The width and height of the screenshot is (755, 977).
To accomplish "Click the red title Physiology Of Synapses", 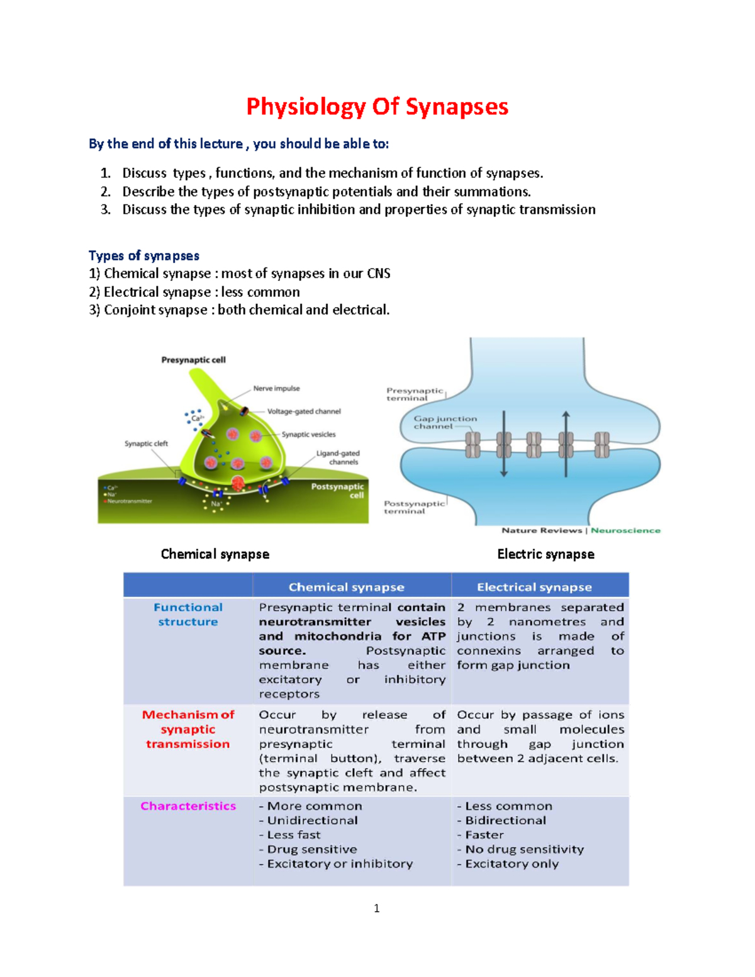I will (x=377, y=106).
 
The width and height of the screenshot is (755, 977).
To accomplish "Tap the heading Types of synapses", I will (x=144, y=255).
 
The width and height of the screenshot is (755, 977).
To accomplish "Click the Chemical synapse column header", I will (x=346, y=587).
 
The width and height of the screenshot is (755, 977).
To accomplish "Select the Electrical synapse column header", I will (x=534, y=587).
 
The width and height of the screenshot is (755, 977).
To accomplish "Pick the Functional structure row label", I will (x=188, y=615).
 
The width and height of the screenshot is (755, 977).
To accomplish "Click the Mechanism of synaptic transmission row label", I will (x=188, y=729).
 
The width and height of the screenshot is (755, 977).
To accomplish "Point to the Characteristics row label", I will (x=188, y=806).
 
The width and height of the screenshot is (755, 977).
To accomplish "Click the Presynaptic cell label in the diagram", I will (x=193, y=360).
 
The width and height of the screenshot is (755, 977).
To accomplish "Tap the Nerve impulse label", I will (x=276, y=388).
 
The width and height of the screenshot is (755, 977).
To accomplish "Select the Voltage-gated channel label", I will (x=304, y=411).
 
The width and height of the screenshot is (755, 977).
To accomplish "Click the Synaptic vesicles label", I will (x=308, y=434).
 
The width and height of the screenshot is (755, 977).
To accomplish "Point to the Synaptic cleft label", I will (x=146, y=444).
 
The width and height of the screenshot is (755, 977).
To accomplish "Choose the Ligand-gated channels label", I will (x=338, y=457).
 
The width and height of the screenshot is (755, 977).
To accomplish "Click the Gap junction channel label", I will (x=445, y=422).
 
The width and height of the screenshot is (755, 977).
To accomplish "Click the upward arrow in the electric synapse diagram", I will (x=566, y=440).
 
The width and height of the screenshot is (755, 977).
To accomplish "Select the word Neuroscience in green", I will (x=625, y=530).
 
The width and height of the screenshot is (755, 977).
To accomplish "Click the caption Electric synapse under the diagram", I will (x=545, y=554).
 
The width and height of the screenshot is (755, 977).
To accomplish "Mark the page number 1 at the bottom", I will (x=376, y=908).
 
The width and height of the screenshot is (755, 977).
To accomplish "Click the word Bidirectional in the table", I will (x=505, y=820).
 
